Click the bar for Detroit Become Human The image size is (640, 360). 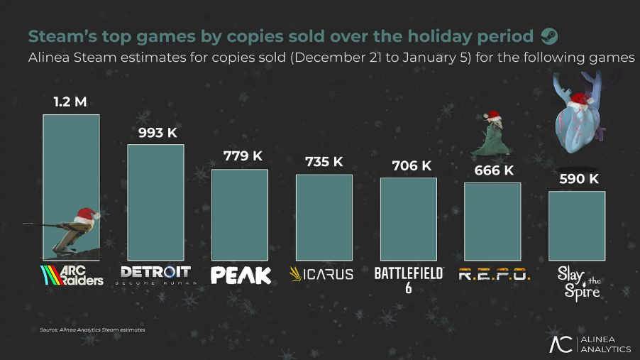coord(155,202)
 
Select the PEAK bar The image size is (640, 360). coord(240,214)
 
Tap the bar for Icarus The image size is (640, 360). coord(324,217)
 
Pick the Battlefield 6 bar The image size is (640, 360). coord(409,218)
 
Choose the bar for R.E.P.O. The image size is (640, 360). coord(492,221)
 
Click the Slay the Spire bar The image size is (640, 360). coord(577,225)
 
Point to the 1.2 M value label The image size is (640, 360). coord(70,102)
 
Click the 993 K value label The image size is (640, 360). coord(155,133)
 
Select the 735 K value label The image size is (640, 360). coord(324,162)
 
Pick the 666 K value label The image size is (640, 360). coord(494,171)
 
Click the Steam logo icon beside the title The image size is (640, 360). coord(549,36)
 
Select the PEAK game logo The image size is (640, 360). coord(241,275)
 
